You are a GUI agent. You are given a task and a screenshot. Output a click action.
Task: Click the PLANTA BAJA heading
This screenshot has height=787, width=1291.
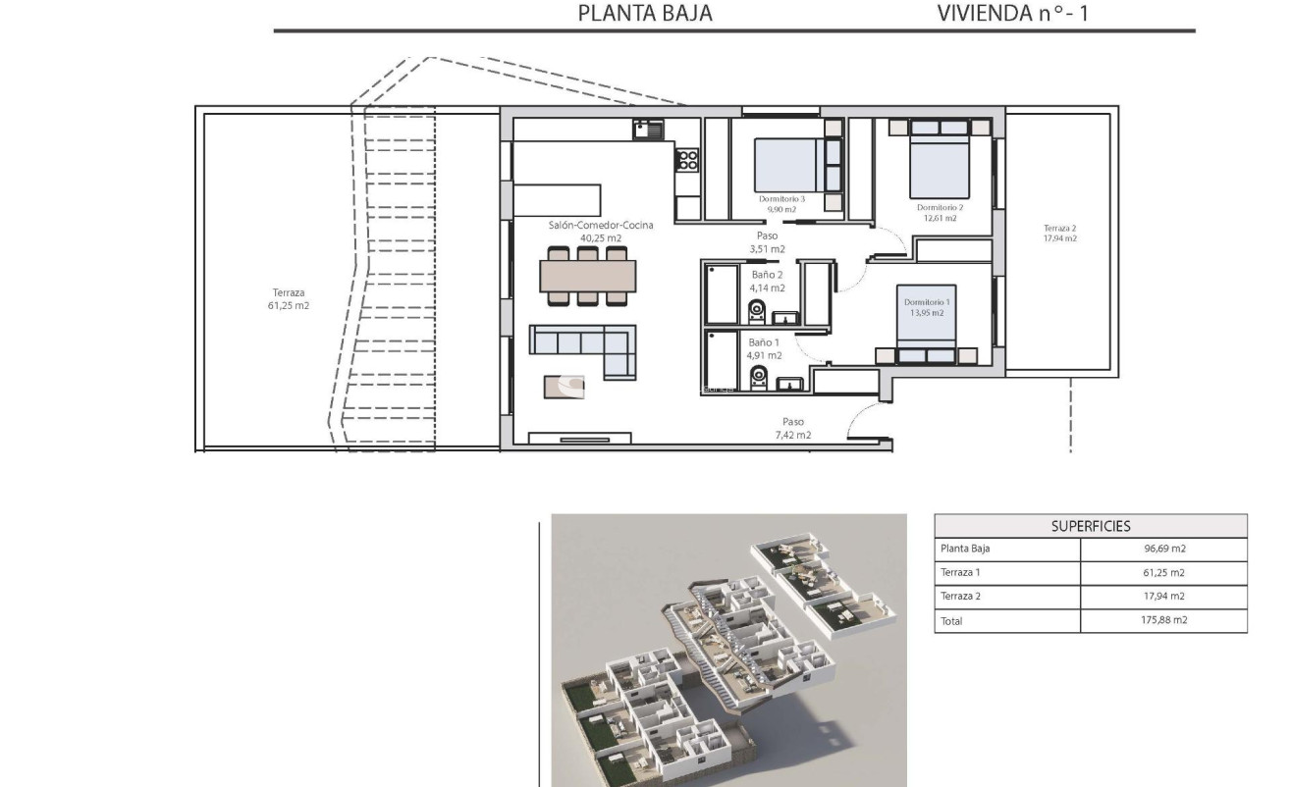tap(644, 14)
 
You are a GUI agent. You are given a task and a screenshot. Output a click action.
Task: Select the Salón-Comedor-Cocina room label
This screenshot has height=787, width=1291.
tap(601, 225)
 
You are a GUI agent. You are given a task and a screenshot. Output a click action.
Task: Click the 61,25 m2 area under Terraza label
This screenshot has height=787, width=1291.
tap(290, 305)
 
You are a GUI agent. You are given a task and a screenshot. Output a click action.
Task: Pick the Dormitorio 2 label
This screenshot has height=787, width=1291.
tap(940, 207)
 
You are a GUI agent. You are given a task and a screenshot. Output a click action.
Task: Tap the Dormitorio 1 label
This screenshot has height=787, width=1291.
tap(926, 301)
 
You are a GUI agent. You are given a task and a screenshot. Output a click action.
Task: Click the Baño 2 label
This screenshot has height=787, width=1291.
tap(768, 275)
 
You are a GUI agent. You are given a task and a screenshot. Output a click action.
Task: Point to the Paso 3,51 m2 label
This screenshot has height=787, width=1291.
tap(767, 242)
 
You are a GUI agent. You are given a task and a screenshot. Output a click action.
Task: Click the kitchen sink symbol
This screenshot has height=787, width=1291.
tap(648, 129)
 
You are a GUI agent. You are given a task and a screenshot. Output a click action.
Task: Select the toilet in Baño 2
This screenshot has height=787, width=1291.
tap(757, 312)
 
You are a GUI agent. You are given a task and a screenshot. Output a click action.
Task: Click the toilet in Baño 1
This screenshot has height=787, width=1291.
tap(757, 378)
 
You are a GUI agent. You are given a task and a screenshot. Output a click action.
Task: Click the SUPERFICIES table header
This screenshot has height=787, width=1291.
tap(1090, 526)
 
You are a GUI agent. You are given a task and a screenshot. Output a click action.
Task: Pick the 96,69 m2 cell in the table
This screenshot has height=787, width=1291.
tap(1163, 550)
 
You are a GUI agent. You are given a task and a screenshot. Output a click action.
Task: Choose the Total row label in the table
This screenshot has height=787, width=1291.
tap(951, 620)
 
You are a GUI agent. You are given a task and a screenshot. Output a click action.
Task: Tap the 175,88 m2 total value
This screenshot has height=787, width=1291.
tap(1163, 620)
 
